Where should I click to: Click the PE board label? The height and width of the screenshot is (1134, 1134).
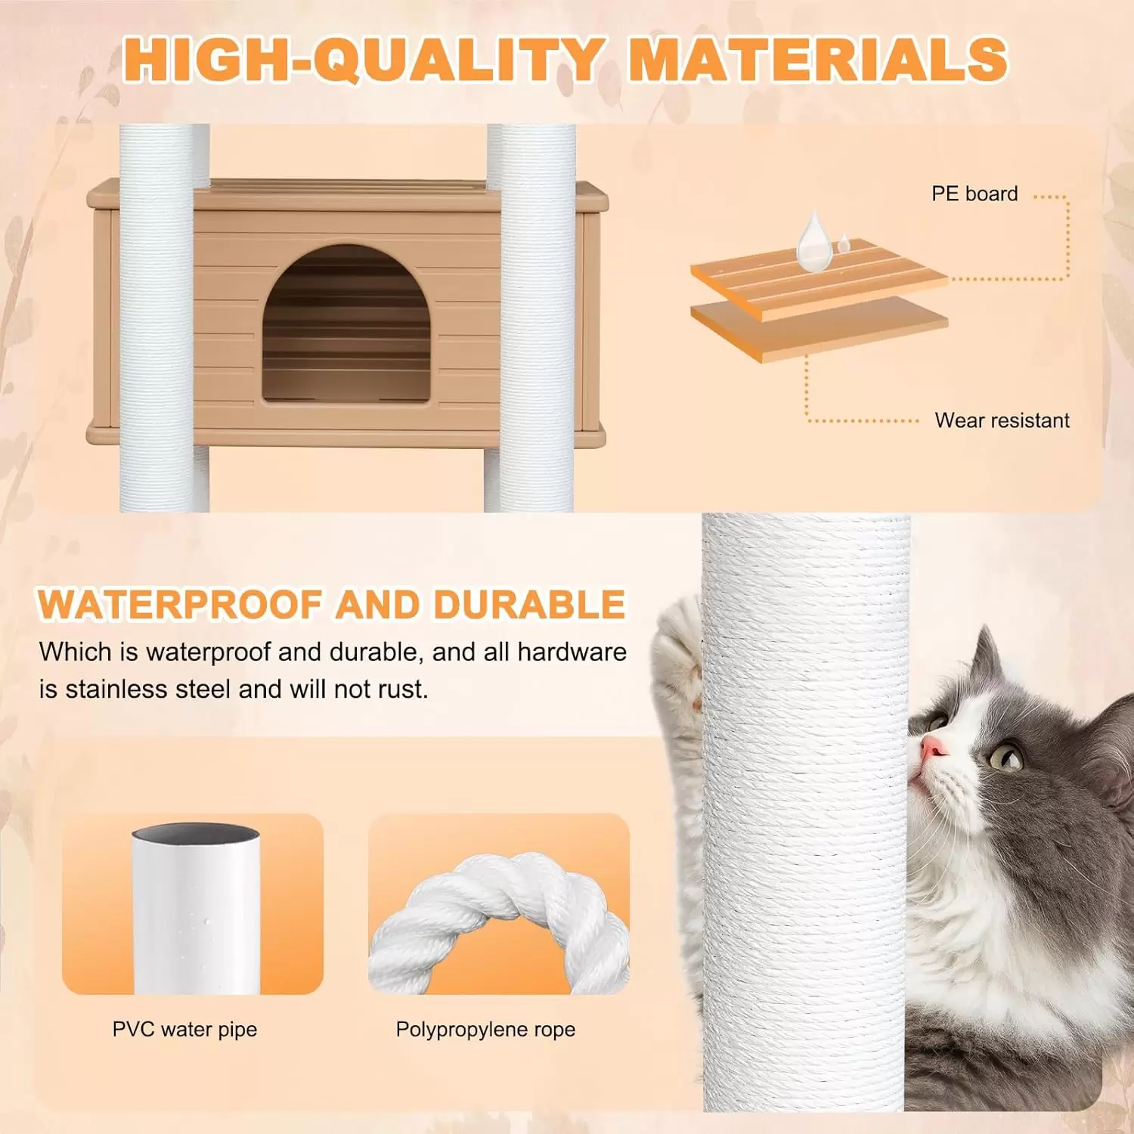pos(974,194)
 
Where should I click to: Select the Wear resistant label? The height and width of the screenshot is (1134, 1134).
pos(1002,420)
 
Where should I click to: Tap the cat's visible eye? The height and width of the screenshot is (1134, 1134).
pos(1006,756)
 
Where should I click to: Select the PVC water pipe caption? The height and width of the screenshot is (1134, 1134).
pos(184,1030)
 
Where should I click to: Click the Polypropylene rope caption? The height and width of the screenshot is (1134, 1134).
pos(485,1030)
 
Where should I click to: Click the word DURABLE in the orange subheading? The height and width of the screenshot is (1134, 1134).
pos(529,605)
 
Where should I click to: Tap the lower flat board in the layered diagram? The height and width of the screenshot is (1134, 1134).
pos(820,328)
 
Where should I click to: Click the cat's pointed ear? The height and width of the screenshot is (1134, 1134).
pos(983,658)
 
